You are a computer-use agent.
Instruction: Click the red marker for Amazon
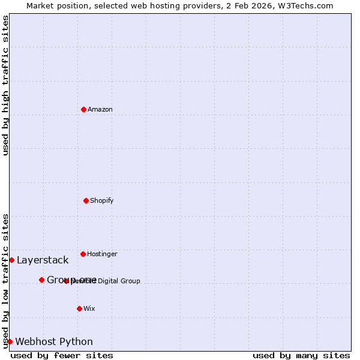tap(83, 109)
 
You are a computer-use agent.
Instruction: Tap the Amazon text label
tap(100, 110)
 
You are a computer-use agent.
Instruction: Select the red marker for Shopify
tap(86, 200)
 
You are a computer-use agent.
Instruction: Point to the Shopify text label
tap(102, 201)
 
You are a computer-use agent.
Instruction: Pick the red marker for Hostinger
tap(83, 254)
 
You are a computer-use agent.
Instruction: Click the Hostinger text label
tap(102, 254)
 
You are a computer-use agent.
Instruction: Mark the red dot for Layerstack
tap(11, 260)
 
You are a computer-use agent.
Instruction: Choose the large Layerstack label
tap(43, 260)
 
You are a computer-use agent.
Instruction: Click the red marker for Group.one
tap(41, 280)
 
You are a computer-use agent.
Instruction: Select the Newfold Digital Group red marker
tap(67, 281)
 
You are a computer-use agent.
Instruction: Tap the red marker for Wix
tap(79, 308)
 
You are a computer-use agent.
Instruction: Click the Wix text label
tap(89, 309)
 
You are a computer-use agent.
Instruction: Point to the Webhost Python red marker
tap(10, 341)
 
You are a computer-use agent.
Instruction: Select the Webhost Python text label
tap(54, 342)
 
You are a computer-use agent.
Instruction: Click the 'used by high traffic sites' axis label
tap(5, 85)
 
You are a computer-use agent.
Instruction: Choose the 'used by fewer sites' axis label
tap(62, 356)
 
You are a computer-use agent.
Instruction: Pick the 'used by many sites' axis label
tap(301, 356)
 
